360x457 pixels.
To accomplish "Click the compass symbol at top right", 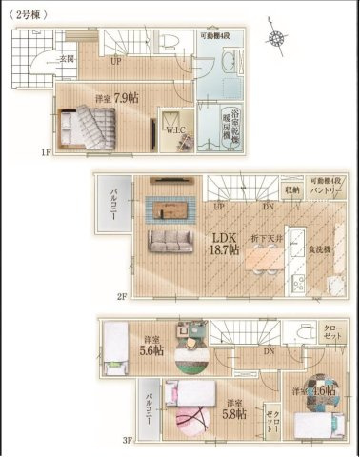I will coord(277,39).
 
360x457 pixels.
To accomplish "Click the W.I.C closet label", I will coord(175,129).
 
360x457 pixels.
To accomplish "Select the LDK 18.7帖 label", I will coord(225,242).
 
